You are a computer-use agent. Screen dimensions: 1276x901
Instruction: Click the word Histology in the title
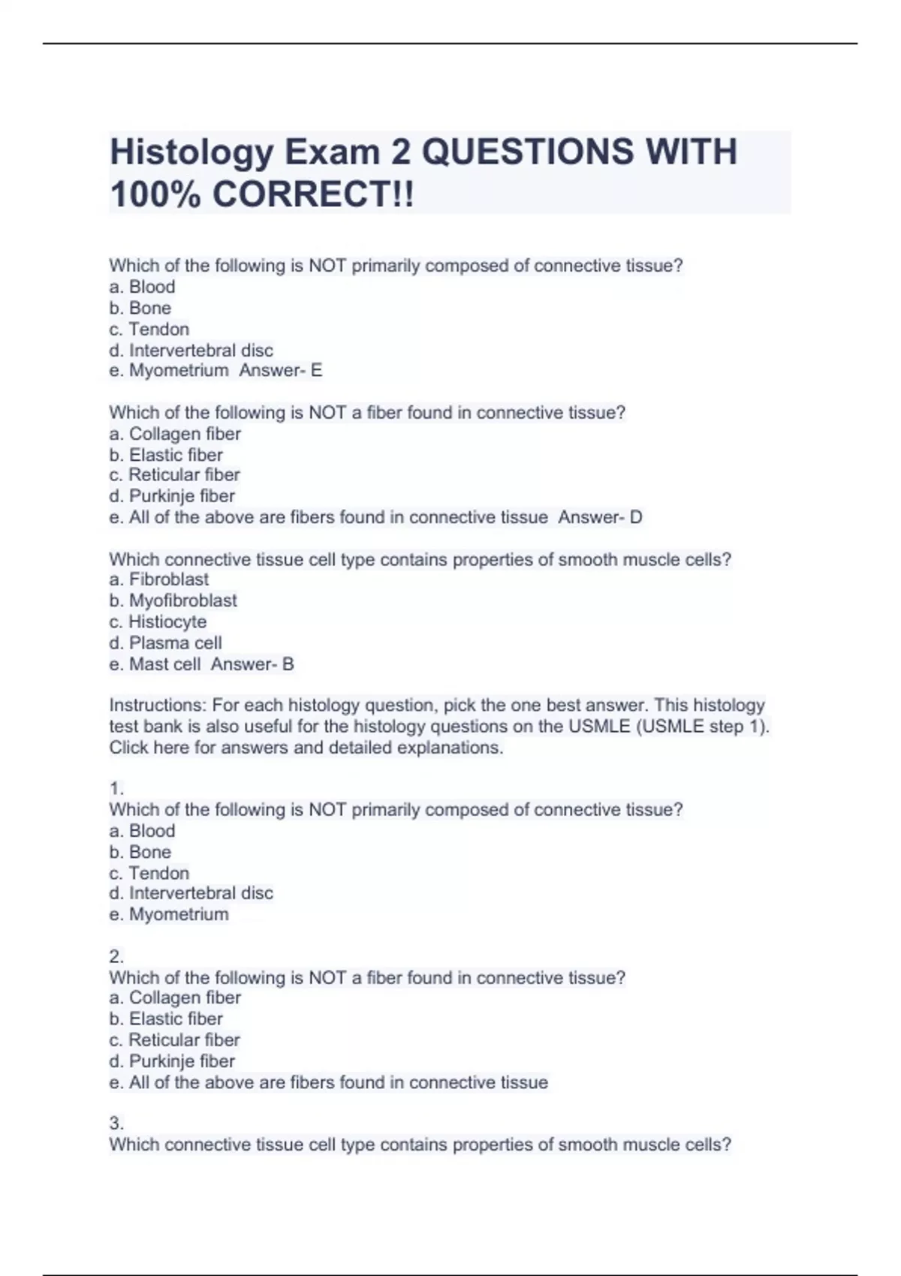pos(191,152)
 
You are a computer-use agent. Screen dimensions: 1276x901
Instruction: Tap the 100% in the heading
pos(155,194)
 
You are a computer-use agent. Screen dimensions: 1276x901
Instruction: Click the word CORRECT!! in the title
pos(312,194)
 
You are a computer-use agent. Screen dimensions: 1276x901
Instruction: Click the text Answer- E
pos(280,370)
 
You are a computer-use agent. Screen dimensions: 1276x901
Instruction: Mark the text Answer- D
pos(600,517)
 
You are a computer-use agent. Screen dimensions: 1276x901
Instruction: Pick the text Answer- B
pos(252,664)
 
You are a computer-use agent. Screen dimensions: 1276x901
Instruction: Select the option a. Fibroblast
pos(159,579)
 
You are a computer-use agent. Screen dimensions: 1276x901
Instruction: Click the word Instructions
pos(157,706)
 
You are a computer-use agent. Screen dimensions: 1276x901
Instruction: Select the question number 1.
pos(116,789)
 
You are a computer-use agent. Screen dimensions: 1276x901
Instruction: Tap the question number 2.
pos(116,957)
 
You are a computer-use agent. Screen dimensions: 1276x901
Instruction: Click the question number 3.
pos(116,1124)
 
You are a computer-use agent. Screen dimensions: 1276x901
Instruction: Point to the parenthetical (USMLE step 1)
pos(702,727)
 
